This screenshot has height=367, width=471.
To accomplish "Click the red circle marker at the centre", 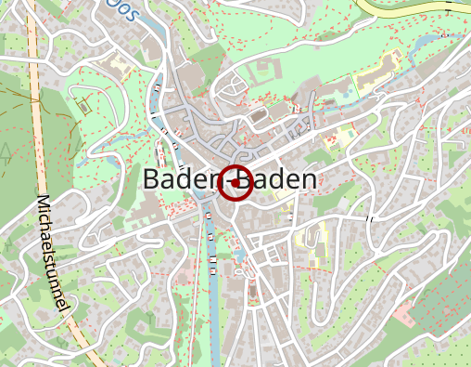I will (235, 181).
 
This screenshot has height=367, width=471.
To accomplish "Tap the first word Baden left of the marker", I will (178, 180).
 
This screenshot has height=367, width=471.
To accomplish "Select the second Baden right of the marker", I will (283, 180).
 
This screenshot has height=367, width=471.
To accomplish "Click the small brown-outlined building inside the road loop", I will (83, 105).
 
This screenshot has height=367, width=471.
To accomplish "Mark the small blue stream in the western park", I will (116, 163).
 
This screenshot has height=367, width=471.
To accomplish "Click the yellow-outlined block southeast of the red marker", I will (312, 236).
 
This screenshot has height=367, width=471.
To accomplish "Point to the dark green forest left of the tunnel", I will (14, 111).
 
